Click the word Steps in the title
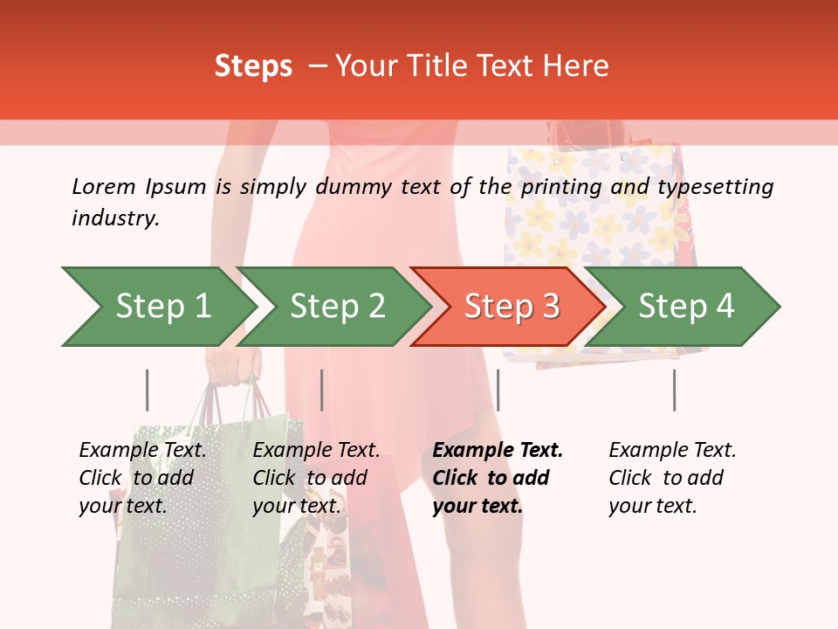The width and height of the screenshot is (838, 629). coord(253,66)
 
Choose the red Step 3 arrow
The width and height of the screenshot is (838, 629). coord(511,307)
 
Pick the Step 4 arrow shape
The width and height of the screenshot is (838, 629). coord(685,307)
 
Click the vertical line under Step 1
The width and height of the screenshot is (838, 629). coord(147,390)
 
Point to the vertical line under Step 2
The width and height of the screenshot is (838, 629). coord(321,390)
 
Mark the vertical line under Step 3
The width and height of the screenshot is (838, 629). coord(498,390)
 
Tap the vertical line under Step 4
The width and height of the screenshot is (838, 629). coord(674,390)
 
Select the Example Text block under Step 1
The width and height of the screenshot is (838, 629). coord(142,477)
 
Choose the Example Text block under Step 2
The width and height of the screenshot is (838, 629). coord(316,477)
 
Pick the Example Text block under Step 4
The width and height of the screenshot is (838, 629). coord(672,477)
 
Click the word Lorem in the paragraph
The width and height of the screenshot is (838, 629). coord(104,186)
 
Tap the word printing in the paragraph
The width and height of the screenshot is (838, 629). coord(561,187)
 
